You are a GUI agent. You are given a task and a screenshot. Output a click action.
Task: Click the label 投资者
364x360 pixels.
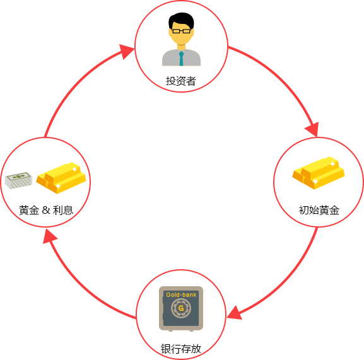[181, 81]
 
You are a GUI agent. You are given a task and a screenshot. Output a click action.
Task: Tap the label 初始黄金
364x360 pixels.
[319, 210]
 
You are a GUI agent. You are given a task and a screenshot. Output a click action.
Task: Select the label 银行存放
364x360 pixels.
[181, 349]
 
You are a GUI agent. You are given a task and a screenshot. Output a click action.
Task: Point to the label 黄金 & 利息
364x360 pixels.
[46, 210]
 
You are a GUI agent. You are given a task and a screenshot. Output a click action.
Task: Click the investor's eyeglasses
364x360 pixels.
[181, 31]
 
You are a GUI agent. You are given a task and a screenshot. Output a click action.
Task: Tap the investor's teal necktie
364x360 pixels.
[181, 59]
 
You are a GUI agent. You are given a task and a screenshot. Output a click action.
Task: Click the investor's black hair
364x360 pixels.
[181, 21]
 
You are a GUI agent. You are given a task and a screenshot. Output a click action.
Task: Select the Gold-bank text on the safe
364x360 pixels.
[181, 294]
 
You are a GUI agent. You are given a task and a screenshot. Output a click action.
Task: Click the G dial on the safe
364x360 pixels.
[181, 308]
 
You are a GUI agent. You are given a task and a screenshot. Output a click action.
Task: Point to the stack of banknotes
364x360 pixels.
[18, 180]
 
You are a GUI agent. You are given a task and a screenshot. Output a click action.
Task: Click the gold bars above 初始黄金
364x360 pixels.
[319, 173]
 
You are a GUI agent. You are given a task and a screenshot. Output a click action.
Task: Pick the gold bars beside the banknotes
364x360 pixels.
[61, 178]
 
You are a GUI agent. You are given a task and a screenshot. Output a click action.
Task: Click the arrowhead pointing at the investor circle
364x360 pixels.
[127, 51]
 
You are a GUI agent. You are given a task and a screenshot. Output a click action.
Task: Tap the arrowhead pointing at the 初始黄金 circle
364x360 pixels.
[312, 129]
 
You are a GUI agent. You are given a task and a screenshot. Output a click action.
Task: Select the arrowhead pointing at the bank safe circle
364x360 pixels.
[234, 313]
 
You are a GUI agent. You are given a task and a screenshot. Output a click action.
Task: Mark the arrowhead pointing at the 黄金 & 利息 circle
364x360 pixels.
[49, 236]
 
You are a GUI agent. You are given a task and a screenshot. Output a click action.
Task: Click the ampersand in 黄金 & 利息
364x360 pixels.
[46, 210]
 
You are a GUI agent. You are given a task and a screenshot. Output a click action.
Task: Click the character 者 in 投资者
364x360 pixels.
[191, 81]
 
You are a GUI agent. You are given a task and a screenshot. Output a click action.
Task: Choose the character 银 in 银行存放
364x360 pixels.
[166, 349]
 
